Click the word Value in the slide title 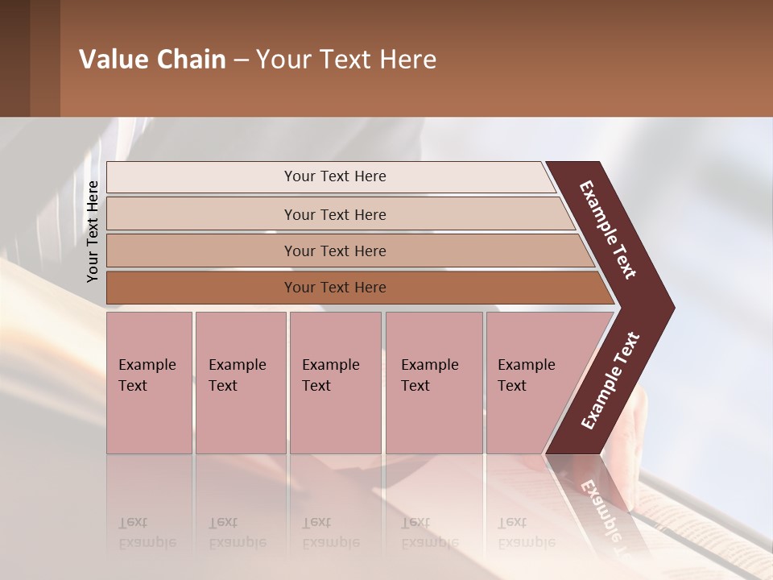[x=113, y=60]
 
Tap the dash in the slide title [x=241, y=60]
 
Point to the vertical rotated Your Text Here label [x=93, y=231]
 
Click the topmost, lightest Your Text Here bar [x=334, y=176]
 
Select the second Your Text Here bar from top [x=334, y=214]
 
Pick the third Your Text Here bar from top [x=334, y=251]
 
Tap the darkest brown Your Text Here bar [x=334, y=288]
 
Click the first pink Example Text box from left [x=149, y=383]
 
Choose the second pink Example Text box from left [x=240, y=383]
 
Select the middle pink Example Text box [x=335, y=383]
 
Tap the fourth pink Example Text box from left [x=433, y=383]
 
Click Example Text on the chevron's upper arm [x=608, y=230]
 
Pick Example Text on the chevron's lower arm [x=610, y=380]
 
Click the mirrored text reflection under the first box [x=147, y=532]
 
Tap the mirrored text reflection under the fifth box [x=526, y=532]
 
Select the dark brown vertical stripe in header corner [x=14, y=58]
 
